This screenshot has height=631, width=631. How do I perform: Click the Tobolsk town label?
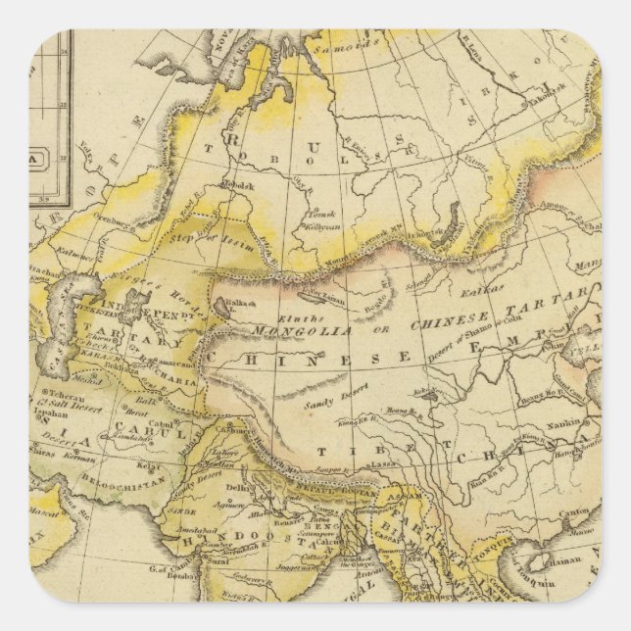pos(242,184)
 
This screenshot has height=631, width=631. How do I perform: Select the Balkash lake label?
pos(241,304)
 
